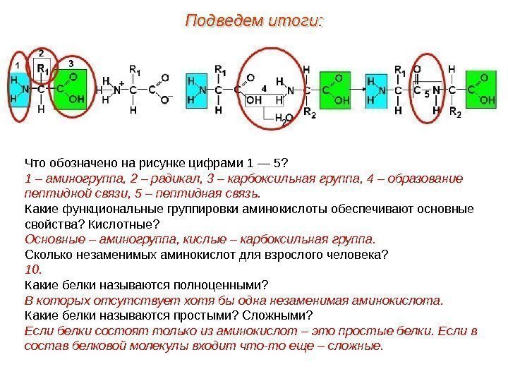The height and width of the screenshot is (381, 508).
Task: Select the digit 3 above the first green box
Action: tap(71, 64)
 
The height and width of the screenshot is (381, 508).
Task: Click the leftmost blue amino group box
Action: tap(20, 90)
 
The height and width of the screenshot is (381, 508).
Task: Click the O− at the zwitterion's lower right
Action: tap(167, 101)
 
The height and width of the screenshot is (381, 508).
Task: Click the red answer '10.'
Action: tap(33, 270)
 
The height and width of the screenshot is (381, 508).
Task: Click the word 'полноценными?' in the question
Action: tap(229, 285)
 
